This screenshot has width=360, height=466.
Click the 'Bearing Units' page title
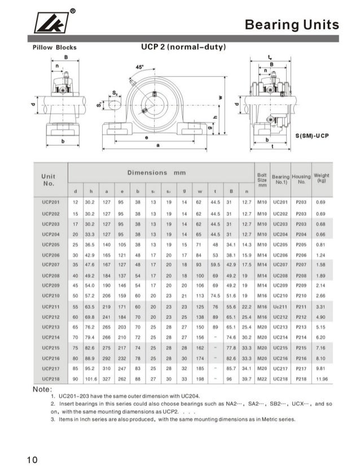(x=292, y=25)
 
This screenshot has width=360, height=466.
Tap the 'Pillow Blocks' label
(x=55, y=47)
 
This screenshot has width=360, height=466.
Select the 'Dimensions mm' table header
(x=156, y=172)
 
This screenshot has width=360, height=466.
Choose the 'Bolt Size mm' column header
(x=261, y=180)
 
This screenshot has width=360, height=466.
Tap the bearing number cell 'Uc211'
(x=280, y=306)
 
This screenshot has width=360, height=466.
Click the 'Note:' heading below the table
(x=43, y=390)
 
